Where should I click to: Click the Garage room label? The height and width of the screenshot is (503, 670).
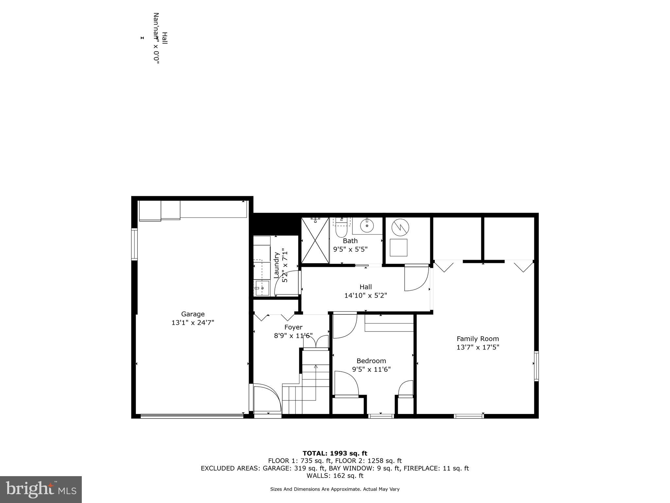point(193,314)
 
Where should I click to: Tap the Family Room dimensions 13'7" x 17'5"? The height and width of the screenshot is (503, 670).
point(478,347)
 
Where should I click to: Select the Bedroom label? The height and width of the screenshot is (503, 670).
point(371,361)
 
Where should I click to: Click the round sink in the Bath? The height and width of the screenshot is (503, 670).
point(367,225)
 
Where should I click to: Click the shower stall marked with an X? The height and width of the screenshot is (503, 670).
point(315,241)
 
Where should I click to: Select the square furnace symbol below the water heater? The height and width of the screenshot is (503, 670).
point(398,248)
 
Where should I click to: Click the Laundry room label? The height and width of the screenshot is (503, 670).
point(276,265)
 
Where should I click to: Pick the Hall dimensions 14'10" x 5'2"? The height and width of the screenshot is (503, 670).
point(365,295)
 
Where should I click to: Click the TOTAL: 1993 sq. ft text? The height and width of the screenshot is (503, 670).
point(335,454)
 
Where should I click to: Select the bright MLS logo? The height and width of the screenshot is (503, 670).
point(41,489)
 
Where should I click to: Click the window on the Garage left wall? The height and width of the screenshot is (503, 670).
point(134,244)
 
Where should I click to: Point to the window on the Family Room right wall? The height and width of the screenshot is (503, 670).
point(536,366)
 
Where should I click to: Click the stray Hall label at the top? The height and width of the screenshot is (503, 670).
point(165,38)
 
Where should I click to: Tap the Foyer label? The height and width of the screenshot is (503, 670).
point(293,327)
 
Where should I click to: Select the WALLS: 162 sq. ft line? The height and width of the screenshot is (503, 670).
point(335,476)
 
